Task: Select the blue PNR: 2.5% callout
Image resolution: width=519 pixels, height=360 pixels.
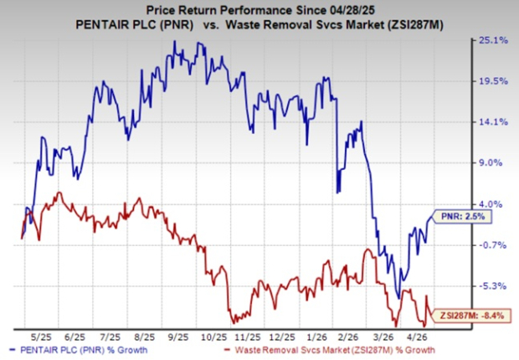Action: [x=464, y=216]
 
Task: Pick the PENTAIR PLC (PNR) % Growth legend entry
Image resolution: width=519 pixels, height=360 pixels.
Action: [x=76, y=347]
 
